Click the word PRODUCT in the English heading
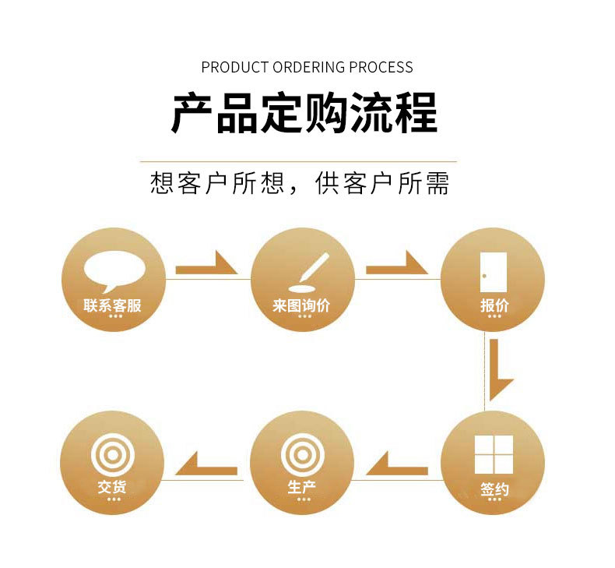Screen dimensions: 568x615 234,67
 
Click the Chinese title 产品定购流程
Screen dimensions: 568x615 304,114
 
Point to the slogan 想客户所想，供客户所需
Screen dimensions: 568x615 300,184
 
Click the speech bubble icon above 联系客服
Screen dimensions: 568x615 114,268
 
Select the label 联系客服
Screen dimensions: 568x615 113,305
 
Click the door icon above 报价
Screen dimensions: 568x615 494,271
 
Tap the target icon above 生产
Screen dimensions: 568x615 303,454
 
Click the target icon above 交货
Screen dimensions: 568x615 113,454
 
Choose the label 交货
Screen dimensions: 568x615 112,488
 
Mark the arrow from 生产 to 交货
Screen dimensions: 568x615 206,467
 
